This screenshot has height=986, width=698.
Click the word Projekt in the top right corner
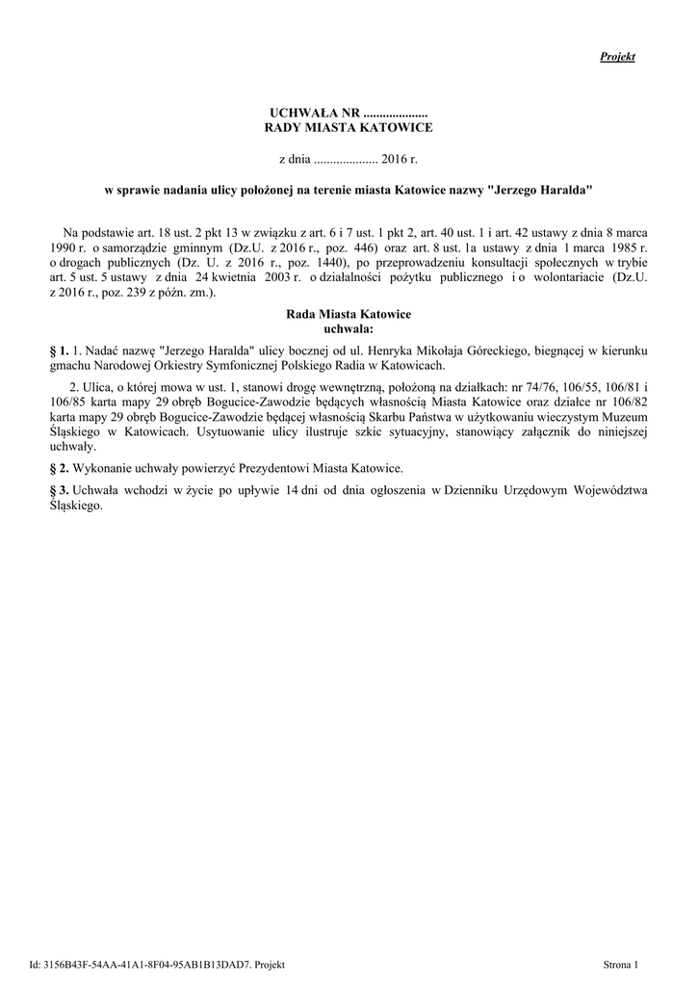617,58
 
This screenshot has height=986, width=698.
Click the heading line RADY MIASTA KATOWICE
349,127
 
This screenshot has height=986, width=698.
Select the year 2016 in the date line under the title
394,157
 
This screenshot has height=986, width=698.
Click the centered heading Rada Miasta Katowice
349,315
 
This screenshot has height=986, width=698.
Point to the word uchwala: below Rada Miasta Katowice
349,328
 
